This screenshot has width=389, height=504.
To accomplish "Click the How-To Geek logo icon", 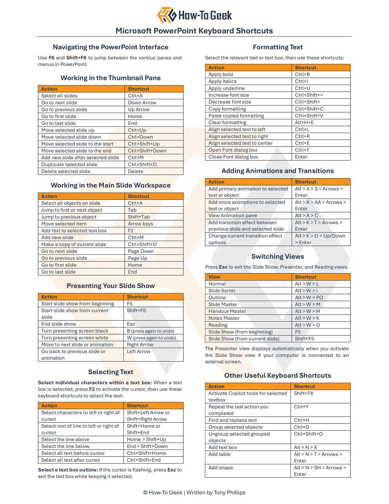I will (167, 15).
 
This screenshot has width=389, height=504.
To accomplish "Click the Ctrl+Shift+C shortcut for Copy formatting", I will (309, 109).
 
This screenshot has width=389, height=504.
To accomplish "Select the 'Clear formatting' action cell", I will (227, 123).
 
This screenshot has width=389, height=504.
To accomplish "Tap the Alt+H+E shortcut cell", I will (304, 123).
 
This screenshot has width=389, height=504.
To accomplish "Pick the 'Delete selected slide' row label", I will (66, 171).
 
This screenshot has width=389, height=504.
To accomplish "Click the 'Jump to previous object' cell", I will (69, 217).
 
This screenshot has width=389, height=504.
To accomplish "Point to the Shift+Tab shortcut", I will (139, 217).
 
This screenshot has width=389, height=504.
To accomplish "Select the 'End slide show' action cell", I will (59, 324).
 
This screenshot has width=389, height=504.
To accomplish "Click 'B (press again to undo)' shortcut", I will (150, 331).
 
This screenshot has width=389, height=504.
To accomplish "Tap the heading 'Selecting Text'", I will (110, 372).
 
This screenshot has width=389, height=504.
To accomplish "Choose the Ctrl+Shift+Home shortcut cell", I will (146, 453).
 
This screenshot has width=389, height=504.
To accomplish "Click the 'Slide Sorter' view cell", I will (222, 291).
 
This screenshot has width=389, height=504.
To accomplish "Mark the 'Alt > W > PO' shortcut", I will (309, 298).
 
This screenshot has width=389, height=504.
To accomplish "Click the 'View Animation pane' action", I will (233, 216).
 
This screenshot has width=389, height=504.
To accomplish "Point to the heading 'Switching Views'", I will (277, 257).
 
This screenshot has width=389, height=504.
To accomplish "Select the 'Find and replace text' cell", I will (233, 420).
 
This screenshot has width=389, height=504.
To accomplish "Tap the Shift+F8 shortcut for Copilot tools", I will (303, 393).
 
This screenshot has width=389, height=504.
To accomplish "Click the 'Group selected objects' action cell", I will (235, 427).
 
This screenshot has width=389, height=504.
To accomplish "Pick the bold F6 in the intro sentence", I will (51, 58).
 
